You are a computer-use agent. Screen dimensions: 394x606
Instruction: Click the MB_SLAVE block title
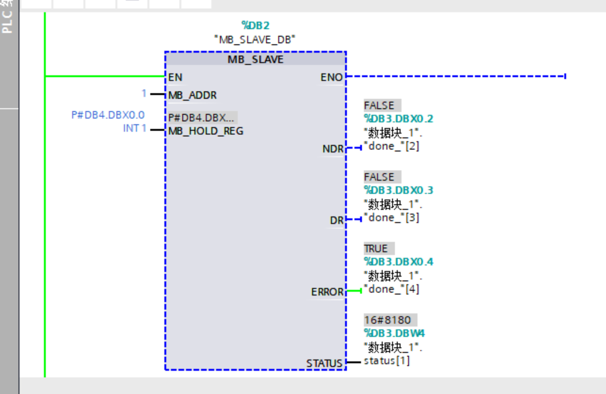(x=255, y=60)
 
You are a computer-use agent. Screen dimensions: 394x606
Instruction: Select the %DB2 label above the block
(x=255, y=25)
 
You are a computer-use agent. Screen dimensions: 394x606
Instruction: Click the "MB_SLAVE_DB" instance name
(x=255, y=39)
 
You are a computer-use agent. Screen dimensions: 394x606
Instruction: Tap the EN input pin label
(x=175, y=77)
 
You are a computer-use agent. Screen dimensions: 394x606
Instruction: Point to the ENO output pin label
(x=331, y=77)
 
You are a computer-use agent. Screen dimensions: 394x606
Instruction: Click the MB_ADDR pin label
(x=193, y=95)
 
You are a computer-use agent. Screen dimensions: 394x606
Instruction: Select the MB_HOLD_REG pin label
(x=206, y=130)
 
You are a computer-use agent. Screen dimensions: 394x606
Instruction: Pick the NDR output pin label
(x=332, y=149)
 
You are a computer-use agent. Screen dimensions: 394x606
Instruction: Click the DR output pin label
(x=337, y=220)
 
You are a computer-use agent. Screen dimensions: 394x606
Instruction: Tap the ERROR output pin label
(x=327, y=292)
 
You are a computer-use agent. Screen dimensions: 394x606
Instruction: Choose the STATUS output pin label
(x=324, y=363)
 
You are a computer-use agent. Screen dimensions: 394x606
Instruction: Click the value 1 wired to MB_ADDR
(x=144, y=93)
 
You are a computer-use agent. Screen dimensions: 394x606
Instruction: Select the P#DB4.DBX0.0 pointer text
(x=108, y=115)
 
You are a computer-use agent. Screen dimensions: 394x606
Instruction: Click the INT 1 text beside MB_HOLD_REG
(x=134, y=129)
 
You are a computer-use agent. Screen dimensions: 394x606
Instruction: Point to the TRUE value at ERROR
(x=376, y=248)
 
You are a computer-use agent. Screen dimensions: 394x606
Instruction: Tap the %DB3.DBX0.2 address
(x=398, y=119)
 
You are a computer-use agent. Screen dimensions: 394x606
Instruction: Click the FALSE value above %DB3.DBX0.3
(x=379, y=177)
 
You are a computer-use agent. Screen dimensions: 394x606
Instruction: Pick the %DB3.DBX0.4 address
(x=398, y=262)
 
